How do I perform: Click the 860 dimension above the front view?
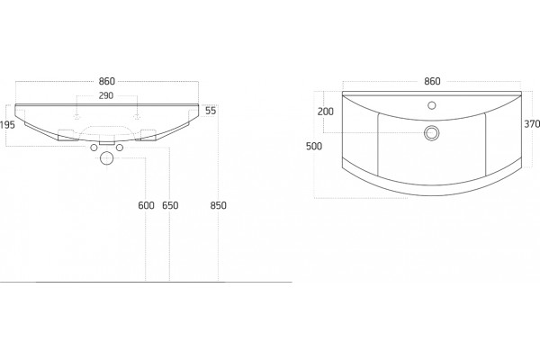coord(106,81)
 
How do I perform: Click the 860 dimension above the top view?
coord(432,81)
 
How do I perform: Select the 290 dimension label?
coord(106,95)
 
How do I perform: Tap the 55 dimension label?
coord(211,111)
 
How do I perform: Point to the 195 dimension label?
coord(7,125)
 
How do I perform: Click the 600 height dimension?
coord(146,205)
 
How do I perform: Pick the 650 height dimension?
coord(170,205)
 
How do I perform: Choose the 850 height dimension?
coord(219,205)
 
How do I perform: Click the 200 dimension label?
coord(326,112)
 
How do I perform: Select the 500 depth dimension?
coord(314,146)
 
